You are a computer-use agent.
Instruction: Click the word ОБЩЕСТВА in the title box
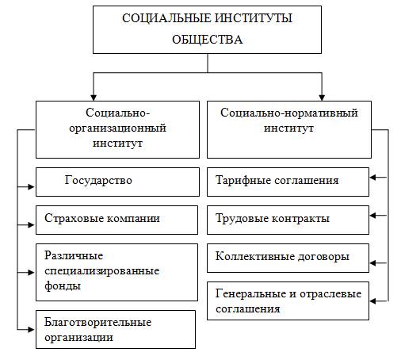point(208,40)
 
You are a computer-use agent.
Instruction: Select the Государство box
point(117,182)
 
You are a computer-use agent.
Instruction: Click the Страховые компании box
point(116,220)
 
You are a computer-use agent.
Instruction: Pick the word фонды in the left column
point(63,285)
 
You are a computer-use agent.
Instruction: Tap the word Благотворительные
point(97,322)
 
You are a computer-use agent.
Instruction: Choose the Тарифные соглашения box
point(288,182)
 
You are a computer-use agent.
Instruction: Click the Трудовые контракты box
point(288,220)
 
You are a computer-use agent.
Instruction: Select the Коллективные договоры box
point(288,258)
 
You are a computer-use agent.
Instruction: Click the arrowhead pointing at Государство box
point(32,187)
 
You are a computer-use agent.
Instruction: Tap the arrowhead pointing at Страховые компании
point(32,225)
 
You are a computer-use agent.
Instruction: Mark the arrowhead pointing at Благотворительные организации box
point(32,330)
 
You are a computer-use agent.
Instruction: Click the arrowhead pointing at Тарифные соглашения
point(373,178)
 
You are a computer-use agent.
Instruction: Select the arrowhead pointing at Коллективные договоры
point(373,263)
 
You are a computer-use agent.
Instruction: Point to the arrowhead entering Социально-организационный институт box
point(94,98)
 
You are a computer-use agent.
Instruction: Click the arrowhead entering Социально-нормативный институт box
point(322,98)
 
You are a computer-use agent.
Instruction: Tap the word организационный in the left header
point(117,128)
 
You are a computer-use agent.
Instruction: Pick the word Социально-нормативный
point(289,113)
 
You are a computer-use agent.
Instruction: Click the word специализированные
point(102,271)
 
